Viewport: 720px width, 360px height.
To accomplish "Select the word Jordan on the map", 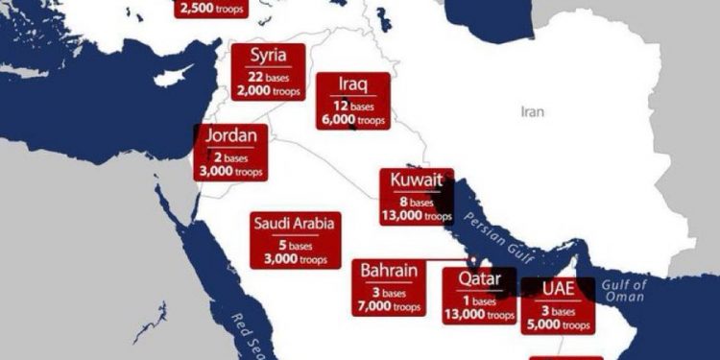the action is [229, 135].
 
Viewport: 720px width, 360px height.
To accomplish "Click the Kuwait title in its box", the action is [418, 180].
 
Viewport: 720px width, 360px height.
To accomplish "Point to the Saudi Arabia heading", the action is [295, 224].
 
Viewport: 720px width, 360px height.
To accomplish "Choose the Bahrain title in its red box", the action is [389, 271].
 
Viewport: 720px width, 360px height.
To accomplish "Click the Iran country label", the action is [532, 112].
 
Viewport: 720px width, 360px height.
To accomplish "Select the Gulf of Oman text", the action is [626, 291].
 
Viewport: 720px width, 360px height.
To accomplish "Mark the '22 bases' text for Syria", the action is [269, 76].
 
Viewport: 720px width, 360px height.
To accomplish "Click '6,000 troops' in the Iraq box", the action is [354, 120].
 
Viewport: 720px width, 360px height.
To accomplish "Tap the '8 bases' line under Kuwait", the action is [417, 203].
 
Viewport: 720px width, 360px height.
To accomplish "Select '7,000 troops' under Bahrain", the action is [389, 305].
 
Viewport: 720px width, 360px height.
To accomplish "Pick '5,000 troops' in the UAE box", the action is [559, 324].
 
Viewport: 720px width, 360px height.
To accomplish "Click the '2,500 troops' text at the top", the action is [211, 10].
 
